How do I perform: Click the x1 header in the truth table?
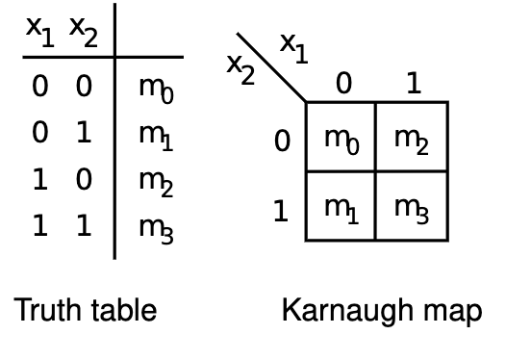40,32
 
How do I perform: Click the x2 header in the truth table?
84,32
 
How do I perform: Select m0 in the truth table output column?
157,90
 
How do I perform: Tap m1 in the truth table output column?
157,138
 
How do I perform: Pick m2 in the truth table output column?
157,184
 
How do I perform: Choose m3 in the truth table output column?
157,230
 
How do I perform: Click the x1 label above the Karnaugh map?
294,48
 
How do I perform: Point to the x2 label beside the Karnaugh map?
240,69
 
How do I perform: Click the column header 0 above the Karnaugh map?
344,83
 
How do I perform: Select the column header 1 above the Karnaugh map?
415,83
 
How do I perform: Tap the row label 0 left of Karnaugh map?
282,141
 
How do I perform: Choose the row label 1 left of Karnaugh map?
281,211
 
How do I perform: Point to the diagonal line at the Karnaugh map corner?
271,67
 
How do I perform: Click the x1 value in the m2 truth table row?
40,179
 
